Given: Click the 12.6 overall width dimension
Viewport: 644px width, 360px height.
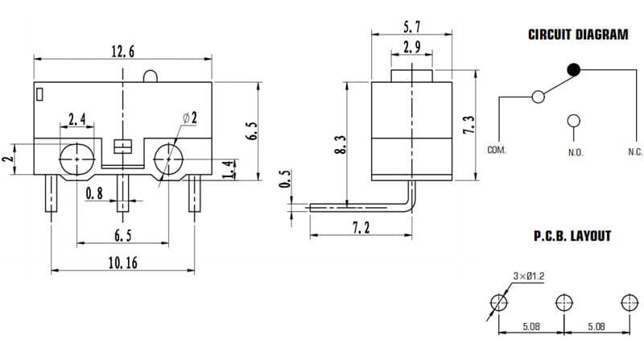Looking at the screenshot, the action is (123, 52).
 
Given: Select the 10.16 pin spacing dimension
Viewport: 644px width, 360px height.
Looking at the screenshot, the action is (123, 263).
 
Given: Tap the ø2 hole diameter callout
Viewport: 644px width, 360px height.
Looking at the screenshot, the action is (190, 118).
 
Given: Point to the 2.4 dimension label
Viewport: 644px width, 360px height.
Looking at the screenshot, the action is (76, 119).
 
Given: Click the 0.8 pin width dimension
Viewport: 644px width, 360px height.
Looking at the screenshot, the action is (94, 193).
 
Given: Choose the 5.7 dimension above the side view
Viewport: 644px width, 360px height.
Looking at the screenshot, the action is (411, 27).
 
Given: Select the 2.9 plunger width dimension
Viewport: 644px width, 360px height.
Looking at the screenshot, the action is (411, 47).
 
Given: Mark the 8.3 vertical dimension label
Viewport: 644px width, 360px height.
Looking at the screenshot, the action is (341, 145).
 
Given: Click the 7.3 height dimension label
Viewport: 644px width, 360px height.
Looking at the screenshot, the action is (469, 124).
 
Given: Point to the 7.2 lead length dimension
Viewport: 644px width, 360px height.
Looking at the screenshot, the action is (361, 227).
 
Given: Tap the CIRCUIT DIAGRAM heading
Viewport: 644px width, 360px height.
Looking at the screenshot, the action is (578, 35).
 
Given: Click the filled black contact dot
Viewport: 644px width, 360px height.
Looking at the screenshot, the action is (574, 70).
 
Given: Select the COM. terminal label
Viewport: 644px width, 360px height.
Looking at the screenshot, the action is (497, 150).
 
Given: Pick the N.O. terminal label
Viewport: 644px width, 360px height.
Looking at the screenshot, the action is (576, 152).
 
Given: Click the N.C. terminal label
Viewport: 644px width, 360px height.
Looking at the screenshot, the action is (635, 152).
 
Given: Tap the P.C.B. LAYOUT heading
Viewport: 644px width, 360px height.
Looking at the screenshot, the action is (572, 236).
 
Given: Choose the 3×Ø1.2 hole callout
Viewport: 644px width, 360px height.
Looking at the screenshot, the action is (529, 276).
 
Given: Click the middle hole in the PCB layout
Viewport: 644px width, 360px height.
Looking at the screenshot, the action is (564, 303).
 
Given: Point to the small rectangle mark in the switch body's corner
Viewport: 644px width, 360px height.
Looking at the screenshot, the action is (39, 94).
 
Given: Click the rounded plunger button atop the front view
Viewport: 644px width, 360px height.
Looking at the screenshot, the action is (150, 77).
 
